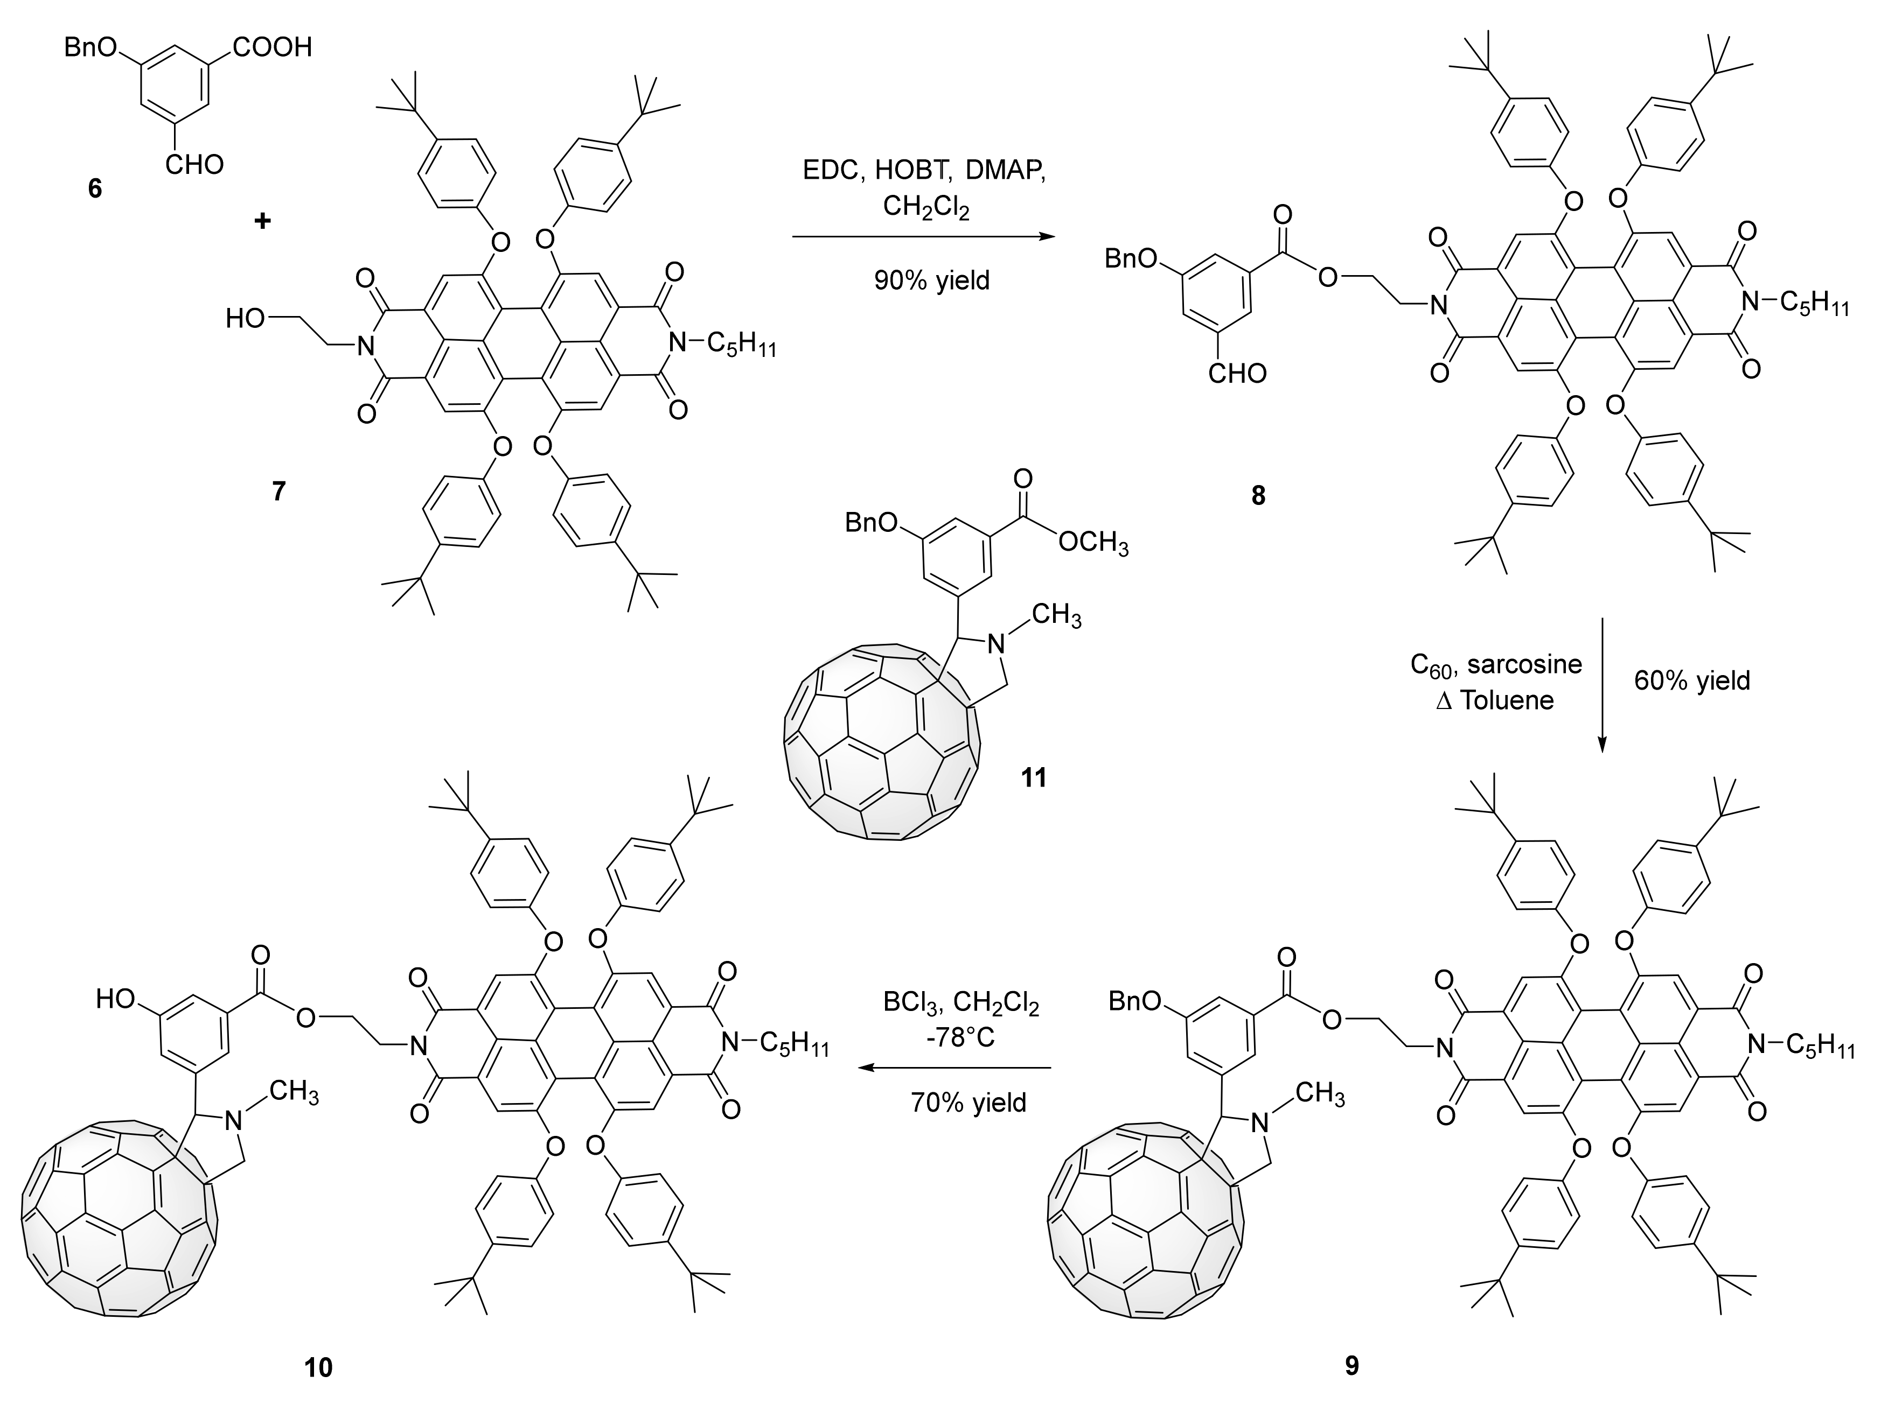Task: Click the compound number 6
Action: [x=94, y=188]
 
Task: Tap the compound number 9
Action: [x=1351, y=1365]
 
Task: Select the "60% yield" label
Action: [x=1692, y=680]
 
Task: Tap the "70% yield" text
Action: [x=969, y=1103]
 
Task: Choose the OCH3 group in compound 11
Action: [x=1093, y=542]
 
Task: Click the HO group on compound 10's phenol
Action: [x=116, y=999]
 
